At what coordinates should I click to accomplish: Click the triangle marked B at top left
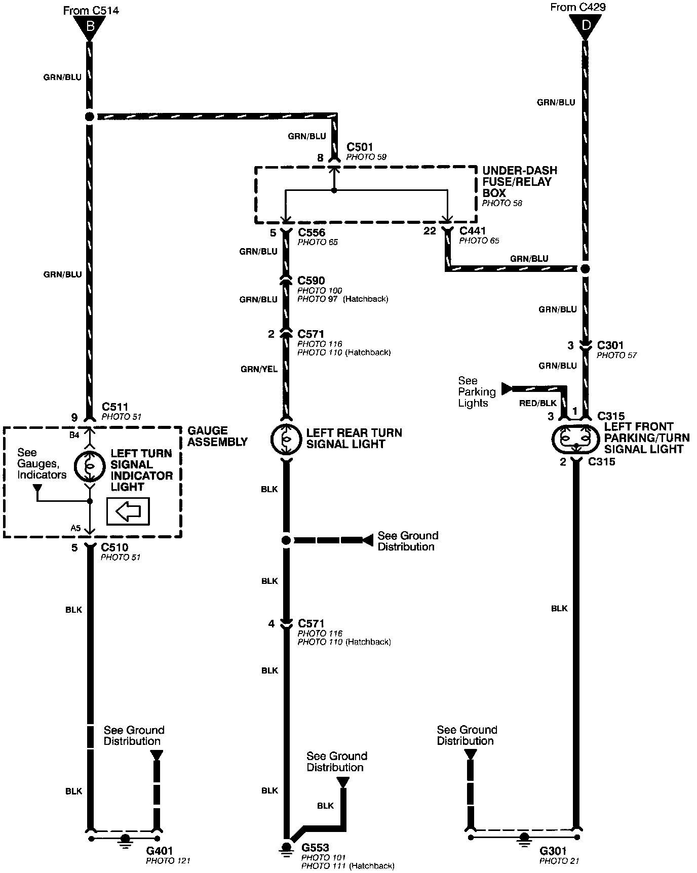pyautogui.click(x=90, y=26)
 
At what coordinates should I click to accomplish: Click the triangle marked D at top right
pyautogui.click(x=585, y=24)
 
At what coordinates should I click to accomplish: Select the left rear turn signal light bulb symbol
pyautogui.click(x=286, y=439)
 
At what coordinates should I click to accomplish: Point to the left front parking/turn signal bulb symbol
pyautogui.click(x=576, y=439)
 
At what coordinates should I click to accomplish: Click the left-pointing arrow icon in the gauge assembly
pyautogui.click(x=128, y=511)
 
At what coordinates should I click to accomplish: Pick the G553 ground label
pyautogui.click(x=315, y=848)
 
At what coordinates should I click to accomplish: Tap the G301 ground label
pyautogui.click(x=553, y=851)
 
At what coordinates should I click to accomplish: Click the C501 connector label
pyautogui.click(x=360, y=147)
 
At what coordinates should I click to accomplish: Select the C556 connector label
pyautogui.click(x=312, y=233)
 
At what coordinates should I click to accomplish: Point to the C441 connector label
pyautogui.click(x=472, y=231)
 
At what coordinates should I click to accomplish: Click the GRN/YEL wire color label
pyautogui.click(x=259, y=369)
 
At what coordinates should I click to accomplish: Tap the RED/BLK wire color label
pyautogui.click(x=538, y=403)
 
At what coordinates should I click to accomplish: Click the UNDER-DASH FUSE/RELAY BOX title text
pyautogui.click(x=520, y=182)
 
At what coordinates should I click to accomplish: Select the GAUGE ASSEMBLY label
pyautogui.click(x=217, y=436)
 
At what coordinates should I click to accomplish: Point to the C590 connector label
pyautogui.click(x=311, y=281)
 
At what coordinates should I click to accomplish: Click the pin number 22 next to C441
pyautogui.click(x=430, y=231)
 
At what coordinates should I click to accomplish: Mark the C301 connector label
pyautogui.click(x=610, y=345)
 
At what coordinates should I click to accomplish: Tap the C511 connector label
pyautogui.click(x=115, y=407)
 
